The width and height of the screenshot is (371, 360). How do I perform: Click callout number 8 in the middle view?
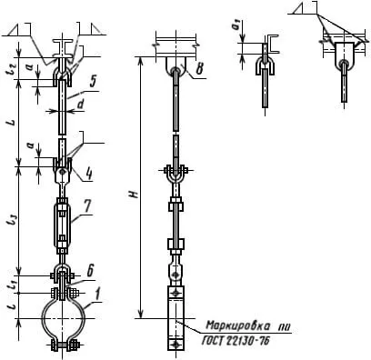[199, 68]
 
